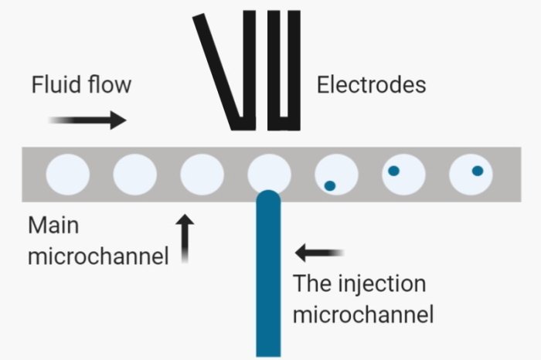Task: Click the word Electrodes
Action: tap(371, 84)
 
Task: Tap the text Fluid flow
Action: tap(81, 84)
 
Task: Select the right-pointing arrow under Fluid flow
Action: tap(87, 120)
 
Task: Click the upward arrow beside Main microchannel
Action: tap(185, 238)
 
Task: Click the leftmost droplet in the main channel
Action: tap(67, 174)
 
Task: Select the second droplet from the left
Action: tap(134, 174)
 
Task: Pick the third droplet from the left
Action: tap(202, 174)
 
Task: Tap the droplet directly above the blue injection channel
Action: tap(269, 172)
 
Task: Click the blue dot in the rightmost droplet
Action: tap(477, 171)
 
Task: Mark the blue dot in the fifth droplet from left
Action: tap(330, 185)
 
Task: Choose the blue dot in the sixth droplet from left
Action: tap(393, 171)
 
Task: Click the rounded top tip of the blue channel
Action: tap(268, 198)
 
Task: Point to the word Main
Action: tap(54, 226)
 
